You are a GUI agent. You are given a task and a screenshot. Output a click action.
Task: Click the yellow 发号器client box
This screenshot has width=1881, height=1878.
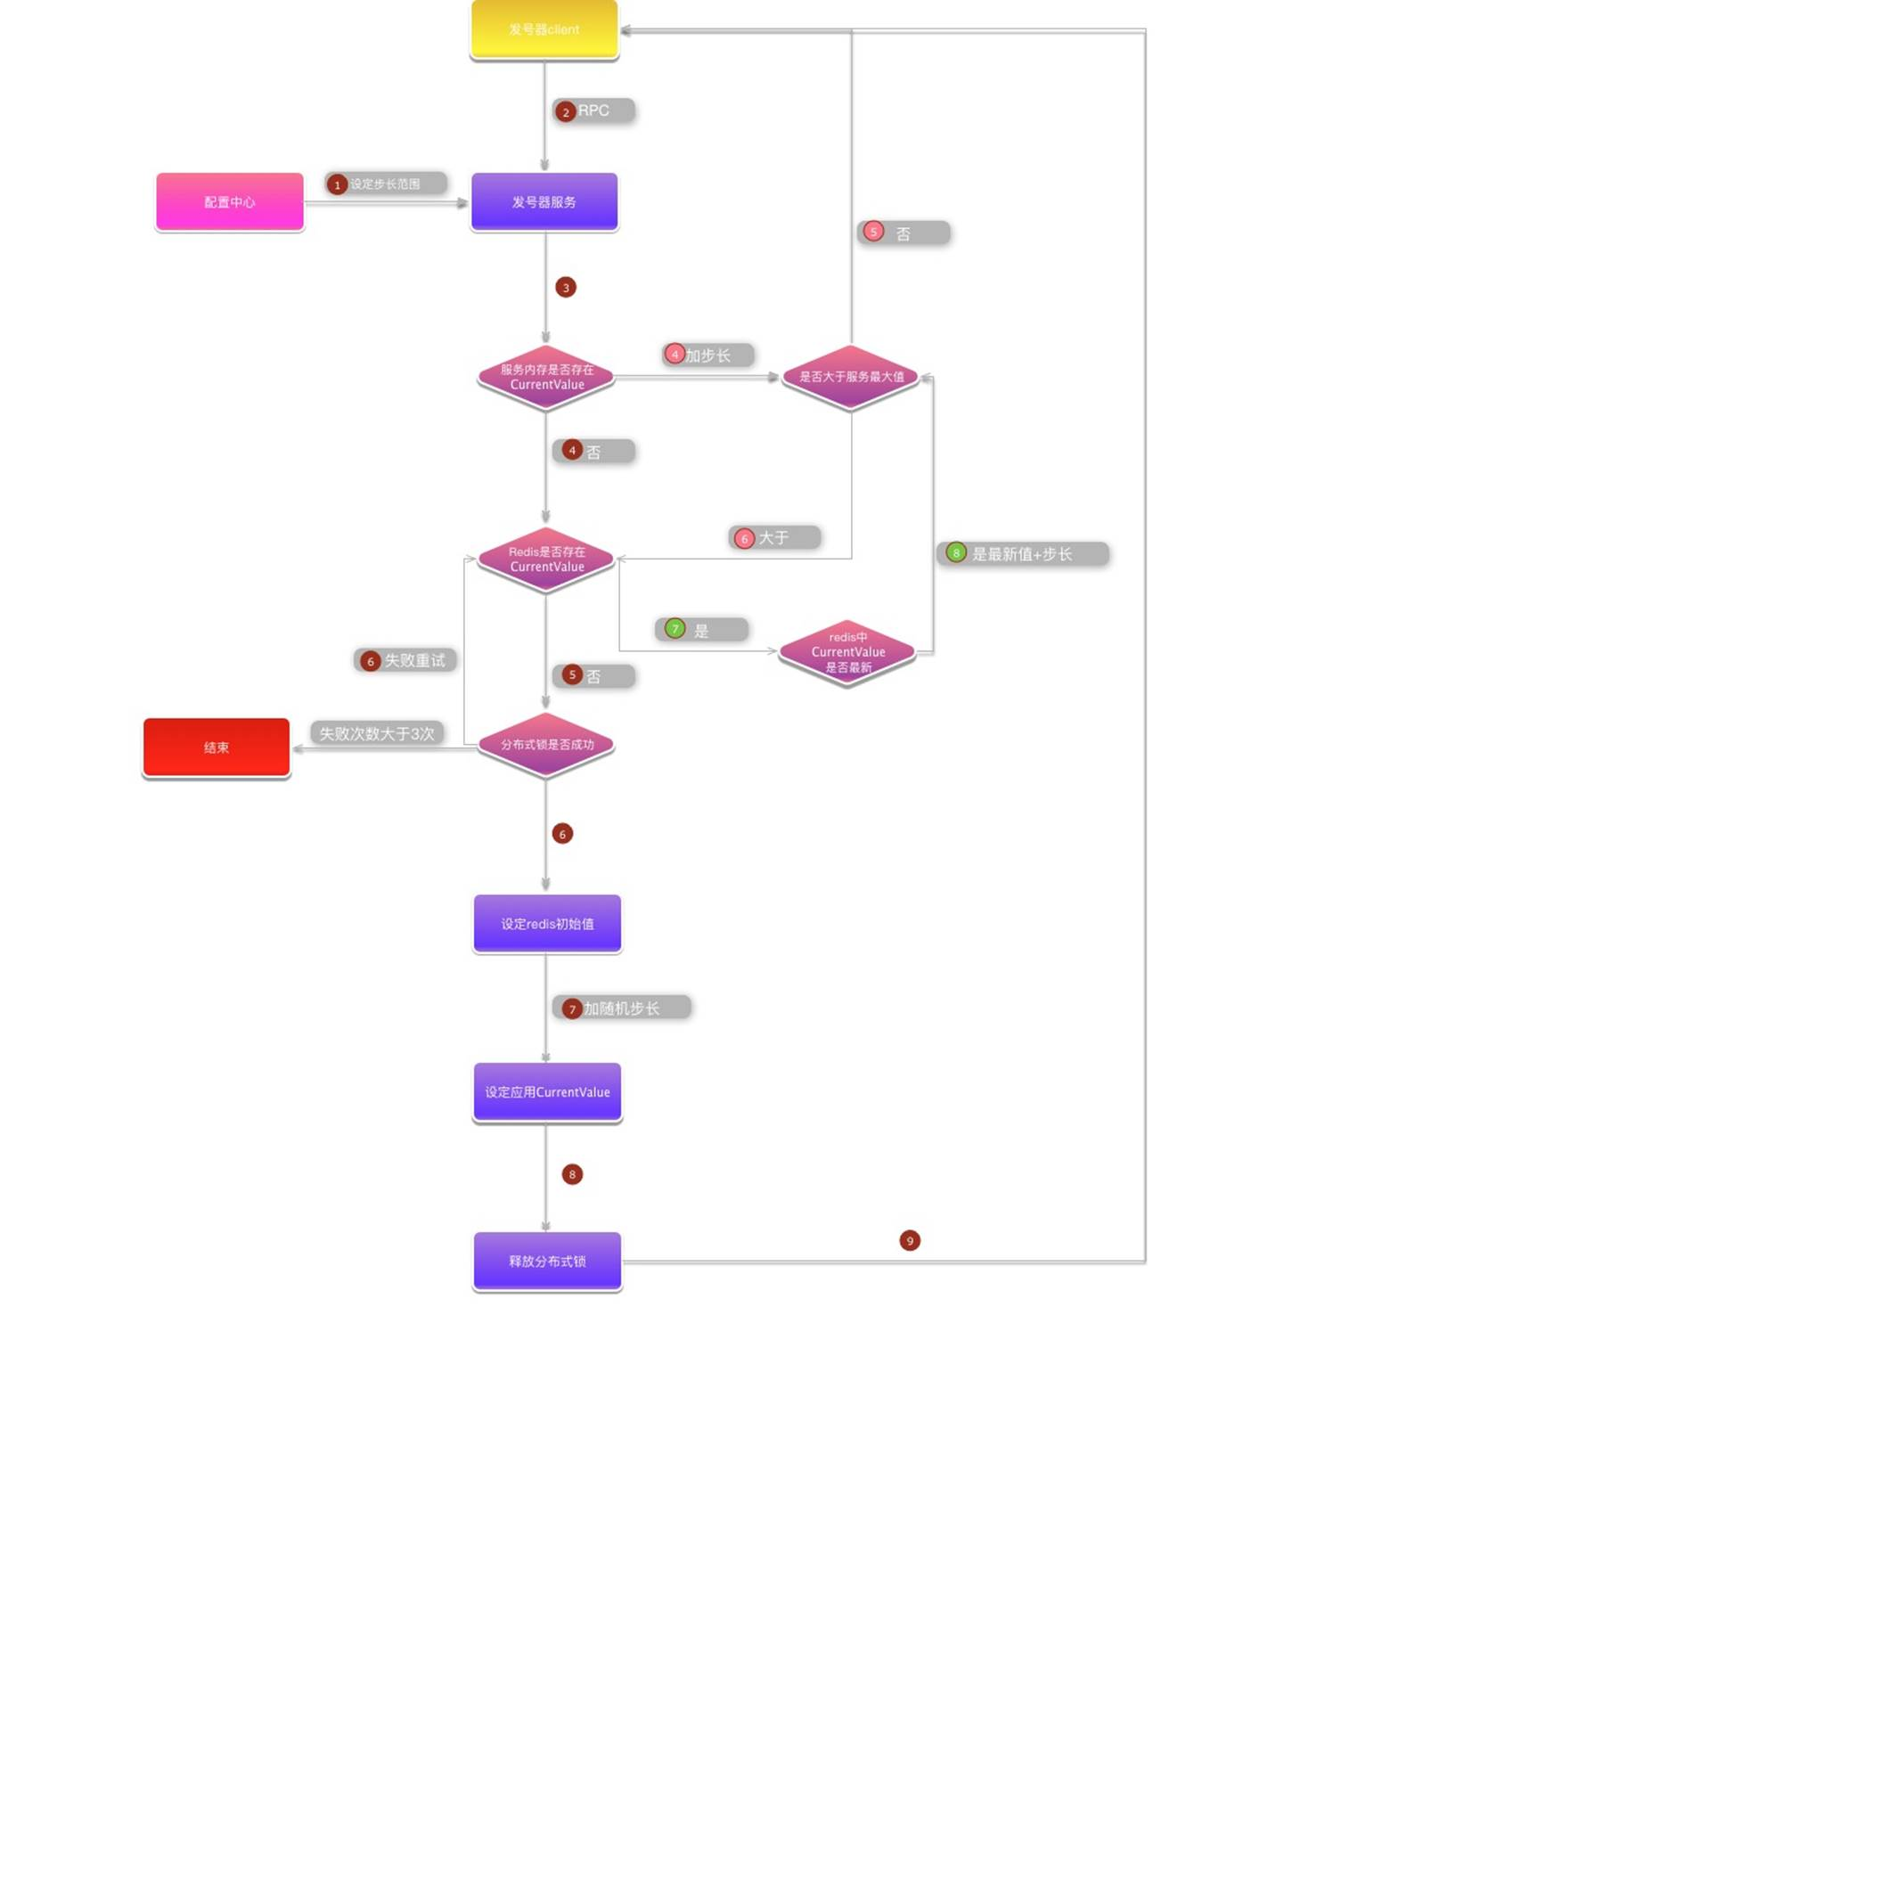click(x=544, y=29)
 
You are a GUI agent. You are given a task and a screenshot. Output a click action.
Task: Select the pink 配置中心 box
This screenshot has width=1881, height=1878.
click(x=230, y=201)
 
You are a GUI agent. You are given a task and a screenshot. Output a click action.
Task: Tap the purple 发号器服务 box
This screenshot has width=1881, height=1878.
click(x=544, y=201)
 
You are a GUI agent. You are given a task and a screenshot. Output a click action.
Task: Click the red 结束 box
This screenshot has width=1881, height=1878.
click(x=217, y=747)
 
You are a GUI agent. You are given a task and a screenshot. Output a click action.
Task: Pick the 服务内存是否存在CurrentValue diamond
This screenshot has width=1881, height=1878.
click(x=546, y=377)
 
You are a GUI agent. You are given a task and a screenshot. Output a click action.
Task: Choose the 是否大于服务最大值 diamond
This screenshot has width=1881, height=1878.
click(x=851, y=377)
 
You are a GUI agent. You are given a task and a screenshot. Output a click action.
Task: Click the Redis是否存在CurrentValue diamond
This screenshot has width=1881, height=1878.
click(x=546, y=559)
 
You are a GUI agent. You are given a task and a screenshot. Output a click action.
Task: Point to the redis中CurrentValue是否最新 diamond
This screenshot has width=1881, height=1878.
click(x=848, y=651)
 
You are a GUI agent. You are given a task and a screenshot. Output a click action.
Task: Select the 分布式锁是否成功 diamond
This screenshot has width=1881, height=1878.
click(x=546, y=745)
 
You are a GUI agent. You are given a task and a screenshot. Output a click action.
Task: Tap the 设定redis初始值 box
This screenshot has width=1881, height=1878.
click(x=547, y=923)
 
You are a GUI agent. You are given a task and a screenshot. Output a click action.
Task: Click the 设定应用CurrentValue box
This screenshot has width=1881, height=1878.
click(x=547, y=1091)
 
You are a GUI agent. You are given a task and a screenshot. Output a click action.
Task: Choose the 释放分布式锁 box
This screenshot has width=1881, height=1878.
click(x=547, y=1261)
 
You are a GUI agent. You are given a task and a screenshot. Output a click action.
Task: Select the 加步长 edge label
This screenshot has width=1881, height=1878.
click(x=707, y=355)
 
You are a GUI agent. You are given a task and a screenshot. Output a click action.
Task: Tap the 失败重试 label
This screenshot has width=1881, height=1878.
click(x=413, y=660)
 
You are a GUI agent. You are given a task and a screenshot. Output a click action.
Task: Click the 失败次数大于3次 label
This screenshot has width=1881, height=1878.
click(x=377, y=733)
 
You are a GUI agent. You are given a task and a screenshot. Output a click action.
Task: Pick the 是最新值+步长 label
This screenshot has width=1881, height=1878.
click(x=1022, y=554)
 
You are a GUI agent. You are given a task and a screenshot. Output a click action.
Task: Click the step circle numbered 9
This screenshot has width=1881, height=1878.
click(x=910, y=1240)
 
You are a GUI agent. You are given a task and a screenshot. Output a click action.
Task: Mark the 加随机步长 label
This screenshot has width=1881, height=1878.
click(x=622, y=1008)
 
